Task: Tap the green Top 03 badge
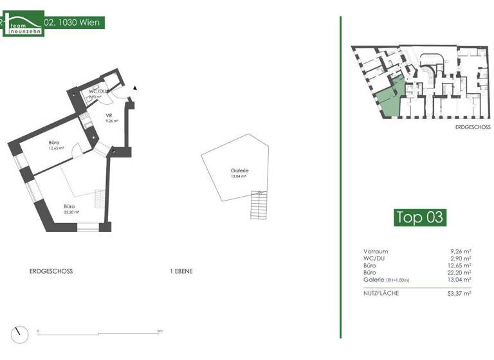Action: click(419, 217)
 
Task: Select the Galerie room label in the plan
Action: click(239, 172)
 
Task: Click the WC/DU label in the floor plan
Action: click(97, 93)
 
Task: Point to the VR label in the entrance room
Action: click(109, 116)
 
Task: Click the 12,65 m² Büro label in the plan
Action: click(57, 145)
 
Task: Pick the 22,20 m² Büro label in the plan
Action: click(71, 208)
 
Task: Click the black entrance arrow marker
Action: click(135, 87)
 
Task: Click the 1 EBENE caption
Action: click(181, 271)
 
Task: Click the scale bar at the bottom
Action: click(99, 333)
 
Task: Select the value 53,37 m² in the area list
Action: click(460, 293)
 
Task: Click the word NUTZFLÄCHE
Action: click(381, 293)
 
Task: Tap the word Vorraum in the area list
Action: click(376, 251)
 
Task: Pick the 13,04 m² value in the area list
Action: click(460, 280)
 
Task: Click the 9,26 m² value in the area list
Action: click(461, 251)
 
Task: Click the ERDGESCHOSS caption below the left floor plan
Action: click(51, 271)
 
